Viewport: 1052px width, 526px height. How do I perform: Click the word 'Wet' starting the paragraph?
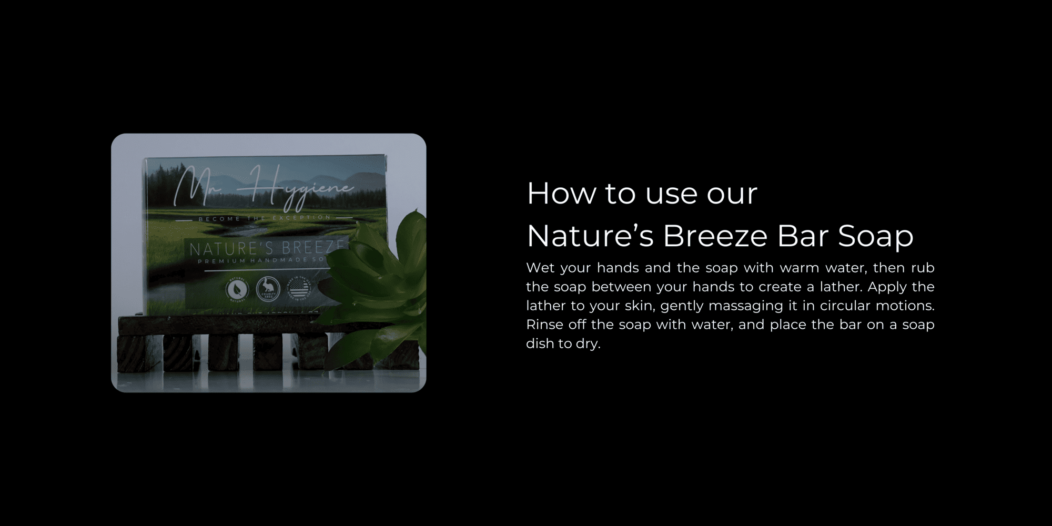(540, 268)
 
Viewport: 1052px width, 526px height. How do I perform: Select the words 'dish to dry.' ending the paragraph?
(563, 343)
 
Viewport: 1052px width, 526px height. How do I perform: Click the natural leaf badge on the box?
(237, 289)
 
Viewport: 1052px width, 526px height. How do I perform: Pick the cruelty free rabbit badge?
(268, 289)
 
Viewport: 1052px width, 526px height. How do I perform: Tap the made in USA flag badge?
(298, 289)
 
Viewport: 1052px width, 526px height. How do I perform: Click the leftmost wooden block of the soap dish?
(131, 353)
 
